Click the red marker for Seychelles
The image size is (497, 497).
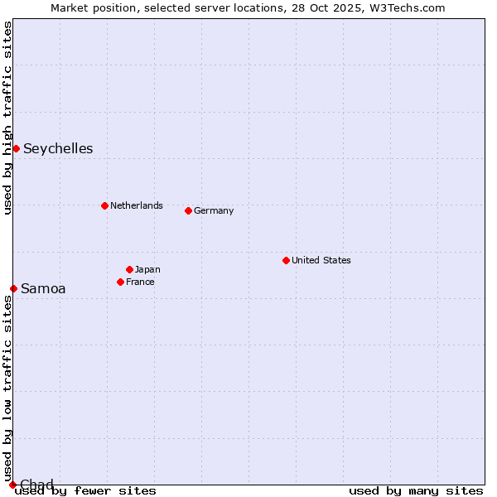(x=16, y=148)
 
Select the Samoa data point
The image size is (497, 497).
(x=13, y=288)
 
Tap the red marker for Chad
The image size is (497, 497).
(x=12, y=485)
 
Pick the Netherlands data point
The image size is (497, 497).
(x=104, y=205)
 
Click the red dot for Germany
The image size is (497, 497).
(x=188, y=210)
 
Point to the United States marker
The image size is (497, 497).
(x=286, y=260)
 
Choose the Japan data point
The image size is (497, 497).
(x=129, y=269)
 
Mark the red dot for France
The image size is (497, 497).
(x=120, y=282)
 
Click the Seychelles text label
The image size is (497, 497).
(x=58, y=149)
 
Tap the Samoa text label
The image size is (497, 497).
(x=43, y=289)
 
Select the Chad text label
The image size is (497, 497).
(x=36, y=485)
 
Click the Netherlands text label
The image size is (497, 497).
(x=137, y=205)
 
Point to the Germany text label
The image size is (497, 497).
(x=214, y=210)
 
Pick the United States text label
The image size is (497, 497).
(x=321, y=260)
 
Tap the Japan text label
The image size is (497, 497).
(x=147, y=269)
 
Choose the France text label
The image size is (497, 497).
(x=140, y=282)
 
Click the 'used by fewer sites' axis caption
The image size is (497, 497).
(x=85, y=491)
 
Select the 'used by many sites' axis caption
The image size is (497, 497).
(x=416, y=491)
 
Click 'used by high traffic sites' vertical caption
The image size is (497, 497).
(x=8, y=118)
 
